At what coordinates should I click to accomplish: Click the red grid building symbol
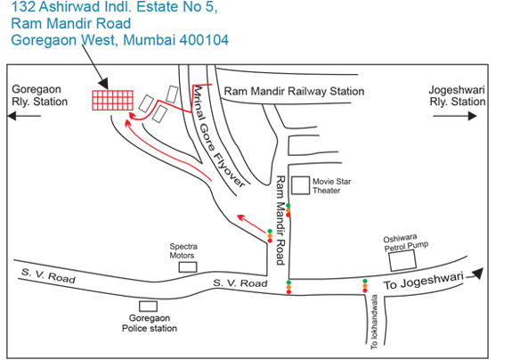[x=113, y=101]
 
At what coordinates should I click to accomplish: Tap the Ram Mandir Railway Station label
[x=294, y=91]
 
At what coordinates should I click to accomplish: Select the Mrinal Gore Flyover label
[x=218, y=136]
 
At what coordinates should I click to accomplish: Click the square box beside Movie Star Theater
[x=300, y=185]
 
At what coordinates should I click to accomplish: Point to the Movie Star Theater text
[x=331, y=186]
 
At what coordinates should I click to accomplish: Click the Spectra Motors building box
[x=188, y=267]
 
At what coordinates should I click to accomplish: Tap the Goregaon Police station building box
[x=148, y=307]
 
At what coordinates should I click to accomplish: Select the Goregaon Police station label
[x=150, y=323]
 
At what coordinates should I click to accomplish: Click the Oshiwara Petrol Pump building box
[x=402, y=260]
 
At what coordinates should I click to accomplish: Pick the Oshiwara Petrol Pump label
[x=405, y=243]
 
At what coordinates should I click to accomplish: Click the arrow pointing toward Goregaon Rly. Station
[x=24, y=116]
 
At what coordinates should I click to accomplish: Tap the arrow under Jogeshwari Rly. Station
[x=455, y=116]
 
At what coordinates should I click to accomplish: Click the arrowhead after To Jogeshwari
[x=478, y=273]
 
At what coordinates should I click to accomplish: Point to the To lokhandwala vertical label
[x=374, y=322]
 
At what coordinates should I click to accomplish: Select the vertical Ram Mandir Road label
[x=280, y=220]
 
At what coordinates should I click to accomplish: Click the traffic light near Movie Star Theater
[x=288, y=210]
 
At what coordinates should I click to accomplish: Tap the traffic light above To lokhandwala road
[x=365, y=286]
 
